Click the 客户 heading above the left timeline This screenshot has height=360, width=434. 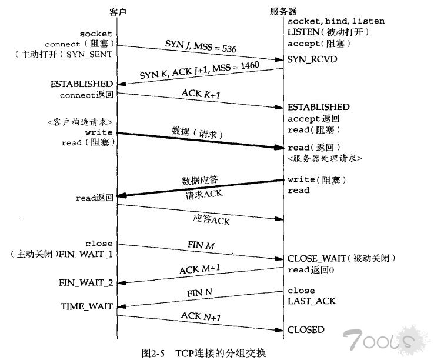tap(118, 12)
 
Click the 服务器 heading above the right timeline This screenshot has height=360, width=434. tap(283, 11)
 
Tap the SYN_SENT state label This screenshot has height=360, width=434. tap(89, 55)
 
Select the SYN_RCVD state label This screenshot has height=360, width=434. tap(312, 59)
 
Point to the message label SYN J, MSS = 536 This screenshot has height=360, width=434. tap(201, 46)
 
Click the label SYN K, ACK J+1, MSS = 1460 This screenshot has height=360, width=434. tap(199, 70)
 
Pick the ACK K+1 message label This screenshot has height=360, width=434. tap(201, 94)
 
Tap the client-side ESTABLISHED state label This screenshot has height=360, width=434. tap(82, 84)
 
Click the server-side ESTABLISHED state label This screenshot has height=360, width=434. tap(319, 107)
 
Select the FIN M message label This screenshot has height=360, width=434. tap(201, 245)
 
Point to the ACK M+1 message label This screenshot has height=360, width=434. tap(199, 269)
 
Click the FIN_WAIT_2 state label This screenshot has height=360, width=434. tap(86, 283)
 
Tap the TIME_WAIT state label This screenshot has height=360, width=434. tap(86, 306)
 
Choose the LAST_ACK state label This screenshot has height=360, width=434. tap(311, 301)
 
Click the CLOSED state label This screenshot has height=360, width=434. tap(306, 330)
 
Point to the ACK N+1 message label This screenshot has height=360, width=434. tap(201, 316)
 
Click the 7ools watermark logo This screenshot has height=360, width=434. tap(383, 339)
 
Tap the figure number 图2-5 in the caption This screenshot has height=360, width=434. tap(153, 353)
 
